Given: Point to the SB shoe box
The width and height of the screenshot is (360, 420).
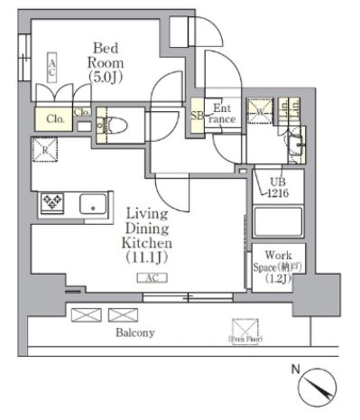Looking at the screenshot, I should pyautogui.click(x=196, y=117).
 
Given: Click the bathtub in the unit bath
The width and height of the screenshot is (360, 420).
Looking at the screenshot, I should pyautogui.click(x=277, y=221).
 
